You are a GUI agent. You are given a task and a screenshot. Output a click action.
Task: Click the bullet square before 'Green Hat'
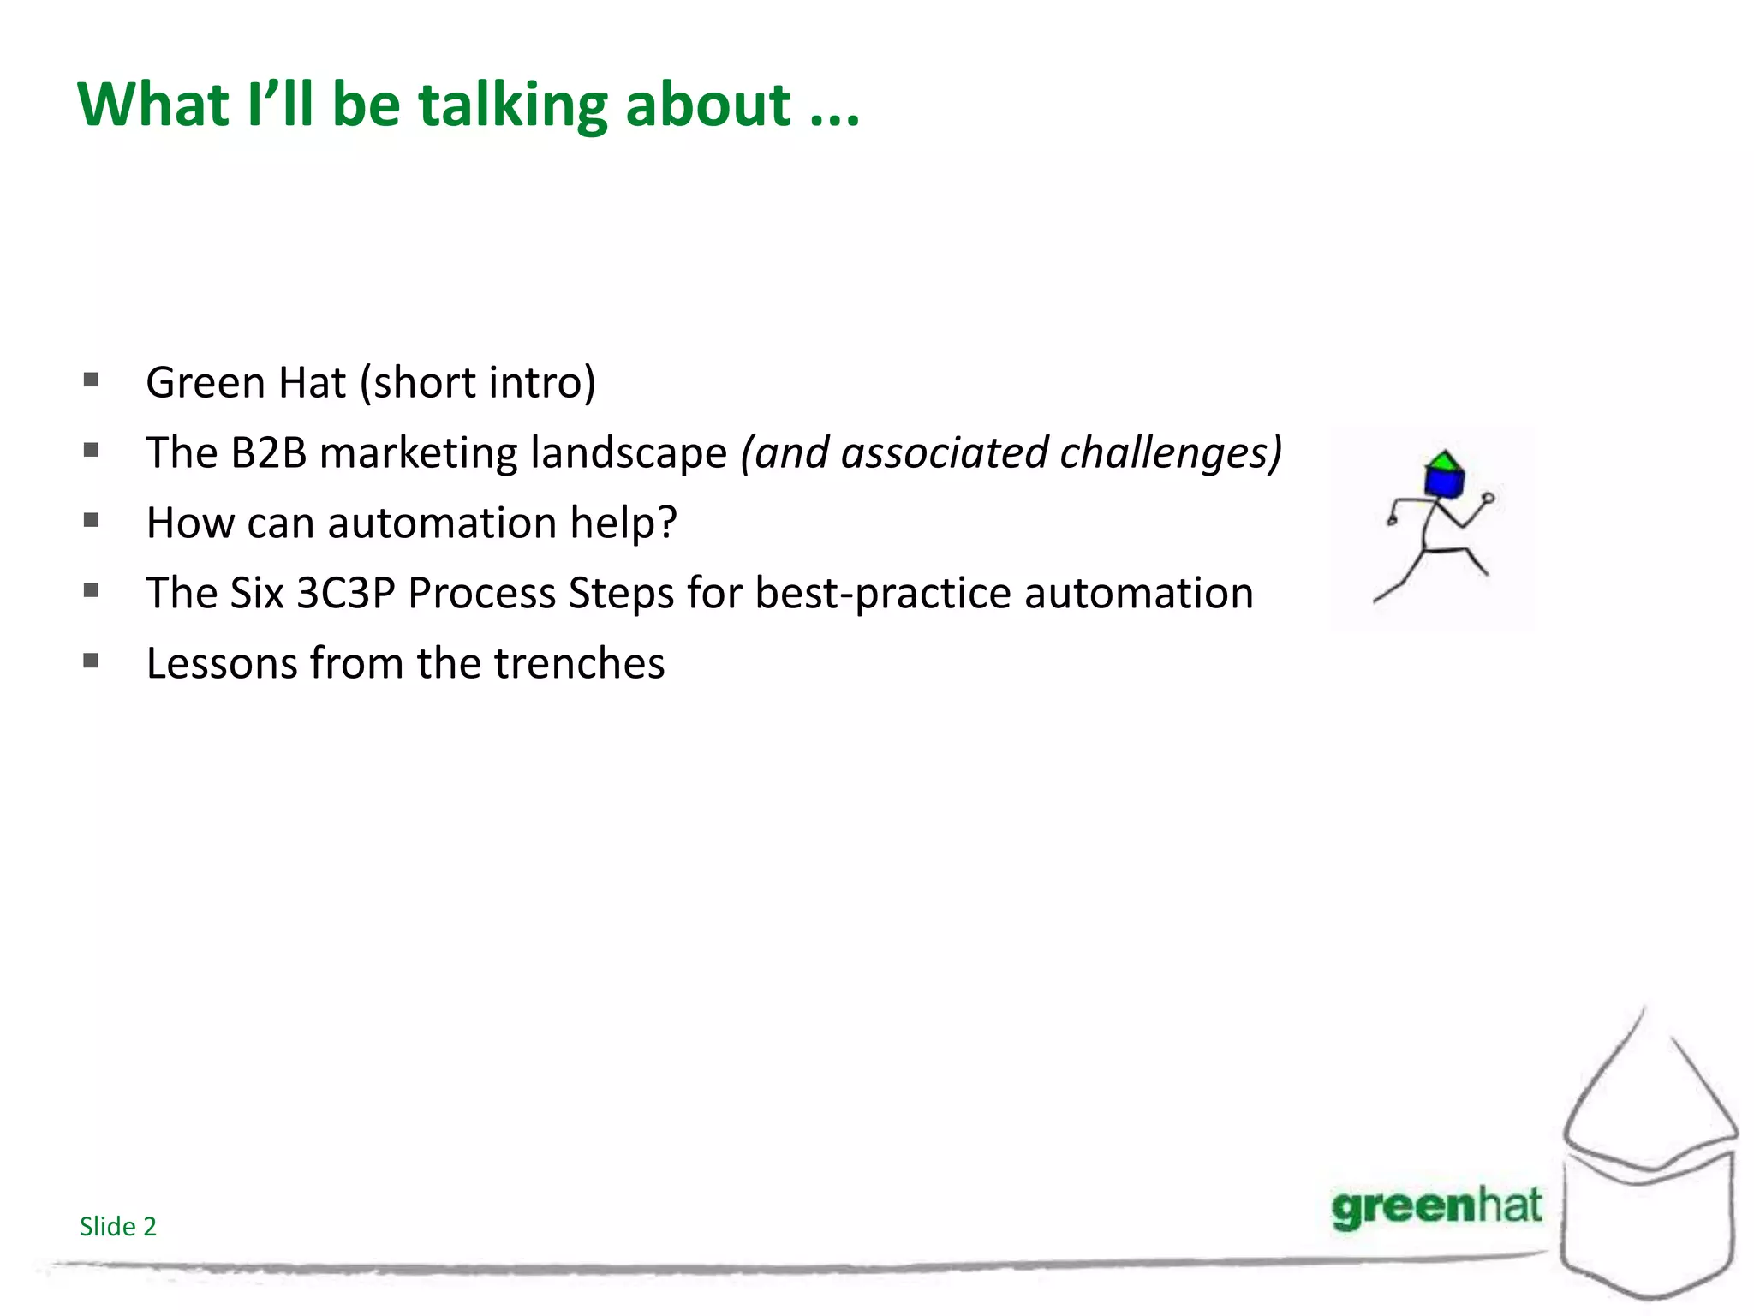(92, 380)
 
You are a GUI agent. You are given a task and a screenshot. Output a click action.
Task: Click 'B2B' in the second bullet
(269, 452)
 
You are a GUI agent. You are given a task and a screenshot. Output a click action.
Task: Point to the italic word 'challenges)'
(1171, 452)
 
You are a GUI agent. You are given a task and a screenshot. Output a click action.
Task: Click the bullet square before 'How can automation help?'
(92, 520)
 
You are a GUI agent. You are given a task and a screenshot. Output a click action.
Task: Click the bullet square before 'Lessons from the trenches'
(92, 661)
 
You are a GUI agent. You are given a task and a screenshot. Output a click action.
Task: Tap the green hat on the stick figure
(1445, 461)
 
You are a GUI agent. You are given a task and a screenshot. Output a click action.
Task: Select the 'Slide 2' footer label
(118, 1226)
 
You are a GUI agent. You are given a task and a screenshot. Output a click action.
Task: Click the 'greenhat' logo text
(1436, 1206)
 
